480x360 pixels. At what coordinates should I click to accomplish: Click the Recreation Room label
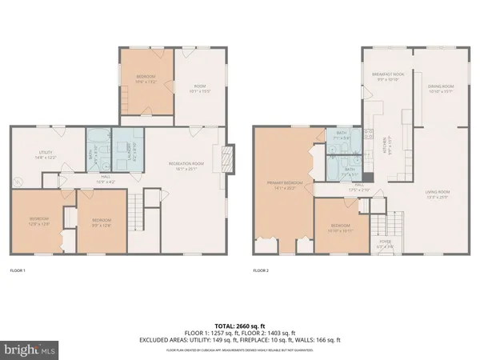pyautogui.click(x=183, y=166)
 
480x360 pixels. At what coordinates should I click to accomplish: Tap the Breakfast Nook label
pyautogui.click(x=387, y=76)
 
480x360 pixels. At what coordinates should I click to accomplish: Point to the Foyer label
pyautogui.click(x=386, y=244)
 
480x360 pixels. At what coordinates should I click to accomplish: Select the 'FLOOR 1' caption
pyautogui.click(x=18, y=271)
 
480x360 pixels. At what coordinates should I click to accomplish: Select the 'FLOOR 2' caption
pyautogui.click(x=261, y=271)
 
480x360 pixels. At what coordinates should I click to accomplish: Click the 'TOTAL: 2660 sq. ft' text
pyautogui.click(x=240, y=326)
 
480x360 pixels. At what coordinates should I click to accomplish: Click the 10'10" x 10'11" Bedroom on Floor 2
pyautogui.click(x=340, y=228)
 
